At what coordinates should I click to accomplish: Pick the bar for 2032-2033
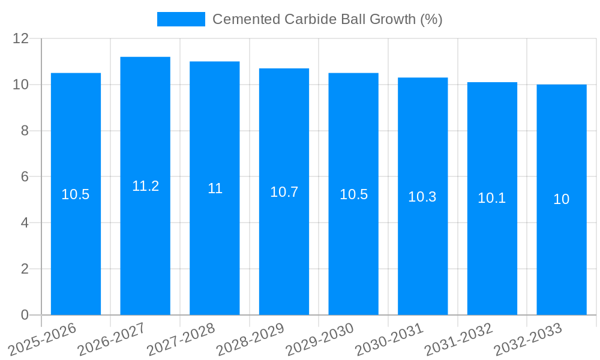click(x=562, y=252)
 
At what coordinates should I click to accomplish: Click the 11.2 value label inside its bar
click(x=145, y=186)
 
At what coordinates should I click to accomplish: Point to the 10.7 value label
click(x=284, y=192)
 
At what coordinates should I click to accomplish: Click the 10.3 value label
click(x=422, y=197)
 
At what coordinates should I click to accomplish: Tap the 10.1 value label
click(x=492, y=198)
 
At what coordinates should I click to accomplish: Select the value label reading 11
click(x=215, y=188)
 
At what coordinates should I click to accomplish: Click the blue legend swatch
click(x=181, y=19)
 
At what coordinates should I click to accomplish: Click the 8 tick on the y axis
click(x=25, y=131)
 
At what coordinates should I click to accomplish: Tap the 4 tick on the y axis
click(x=25, y=223)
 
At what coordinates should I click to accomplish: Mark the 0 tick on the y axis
click(x=25, y=315)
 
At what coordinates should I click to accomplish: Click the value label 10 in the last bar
click(x=562, y=200)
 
